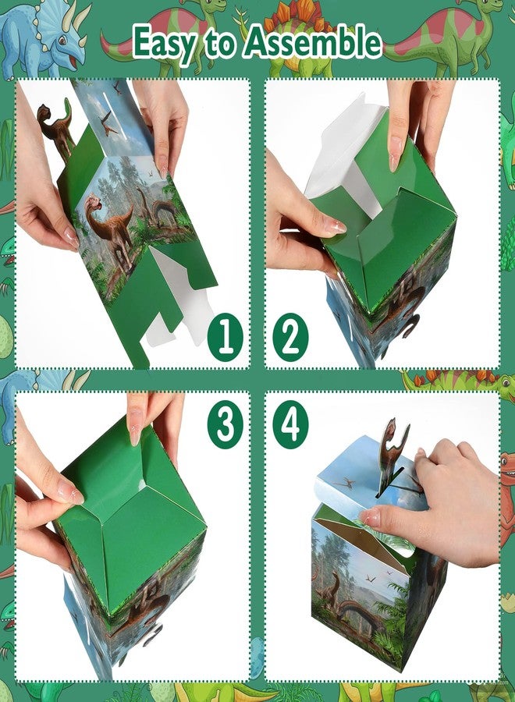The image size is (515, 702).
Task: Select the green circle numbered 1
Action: coord(226,341)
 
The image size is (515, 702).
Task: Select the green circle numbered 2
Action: coord(289,341)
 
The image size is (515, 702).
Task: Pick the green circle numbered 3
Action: coord(226,426)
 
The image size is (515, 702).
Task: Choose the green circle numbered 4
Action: coord(290,426)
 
